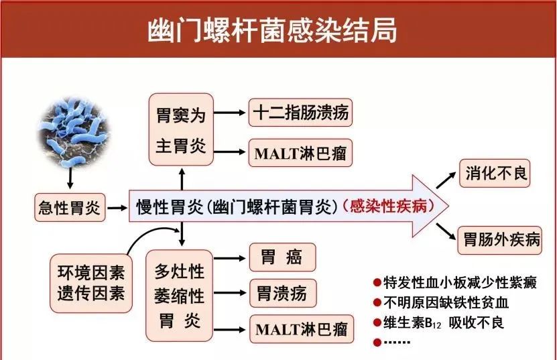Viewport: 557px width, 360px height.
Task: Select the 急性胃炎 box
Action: tap(69, 208)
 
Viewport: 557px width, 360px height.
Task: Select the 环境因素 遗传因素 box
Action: tap(90, 283)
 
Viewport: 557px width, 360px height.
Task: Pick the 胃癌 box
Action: tap(282, 257)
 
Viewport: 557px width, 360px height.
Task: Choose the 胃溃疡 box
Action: tap(282, 293)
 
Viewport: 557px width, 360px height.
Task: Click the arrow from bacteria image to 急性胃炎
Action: tap(70, 178)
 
